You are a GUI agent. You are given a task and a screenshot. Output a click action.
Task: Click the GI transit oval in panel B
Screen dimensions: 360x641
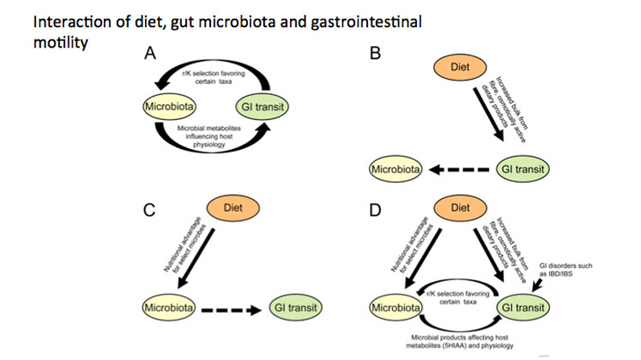523,171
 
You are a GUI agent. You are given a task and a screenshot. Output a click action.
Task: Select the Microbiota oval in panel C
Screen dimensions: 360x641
166,307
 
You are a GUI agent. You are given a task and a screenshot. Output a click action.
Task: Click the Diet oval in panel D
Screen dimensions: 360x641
460,208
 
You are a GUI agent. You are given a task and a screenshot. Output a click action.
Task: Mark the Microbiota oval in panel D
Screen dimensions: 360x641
395,307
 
